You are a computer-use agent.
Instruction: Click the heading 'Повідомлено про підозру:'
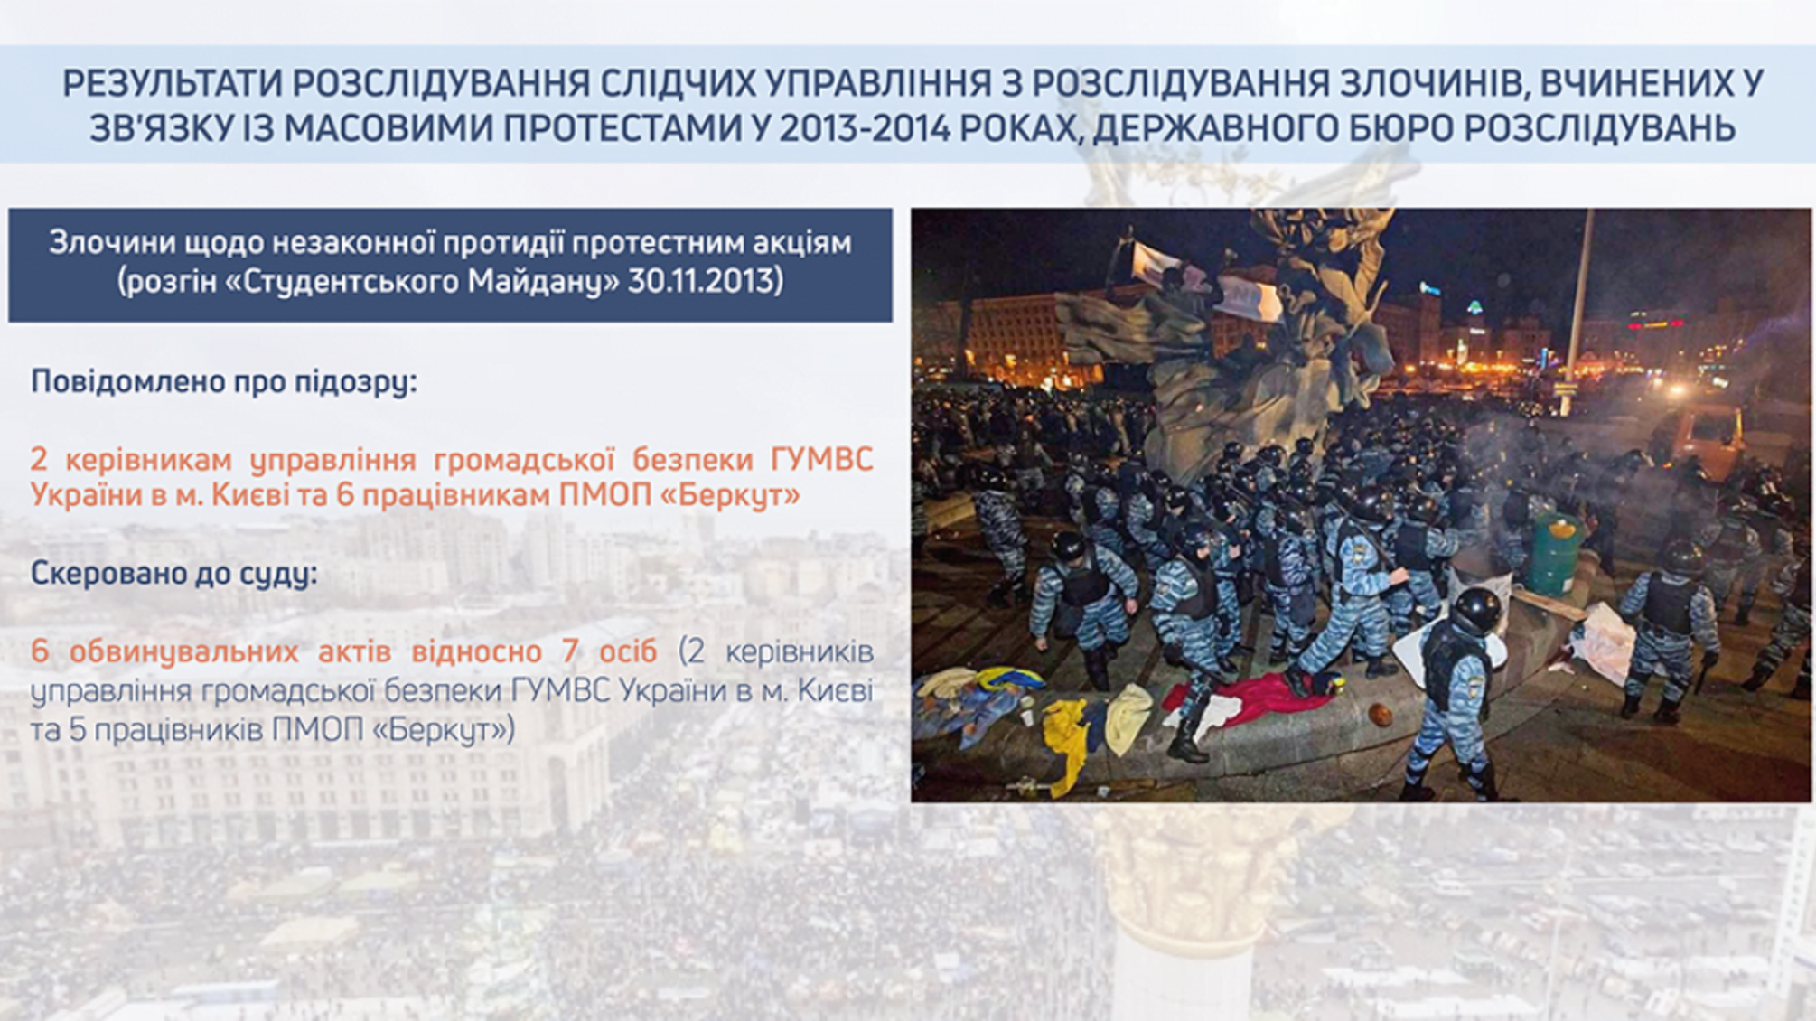point(224,381)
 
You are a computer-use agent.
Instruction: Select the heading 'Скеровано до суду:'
point(173,573)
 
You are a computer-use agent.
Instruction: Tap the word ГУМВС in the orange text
point(821,459)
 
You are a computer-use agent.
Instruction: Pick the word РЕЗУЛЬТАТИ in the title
point(170,84)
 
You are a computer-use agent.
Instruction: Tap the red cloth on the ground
point(1247,697)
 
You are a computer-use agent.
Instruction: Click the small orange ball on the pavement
point(1381,716)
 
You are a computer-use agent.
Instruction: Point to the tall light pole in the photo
point(1580,298)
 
